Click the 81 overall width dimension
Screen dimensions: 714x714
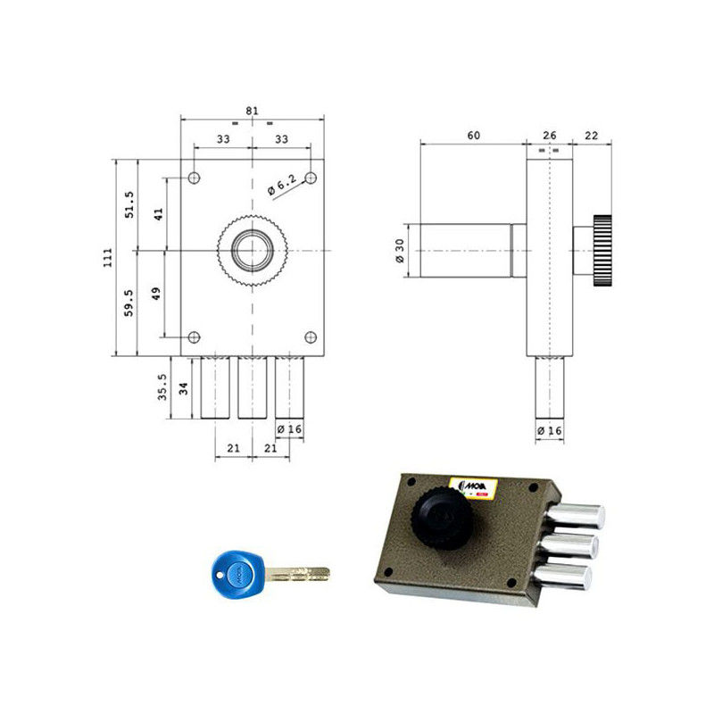(252, 111)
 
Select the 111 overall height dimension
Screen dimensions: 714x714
(107, 258)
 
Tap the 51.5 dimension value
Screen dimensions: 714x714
(129, 204)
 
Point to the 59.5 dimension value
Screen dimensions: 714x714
(129, 303)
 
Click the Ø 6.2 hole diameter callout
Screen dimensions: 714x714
(282, 186)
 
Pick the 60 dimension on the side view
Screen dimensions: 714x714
(473, 135)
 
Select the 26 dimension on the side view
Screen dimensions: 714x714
(549, 135)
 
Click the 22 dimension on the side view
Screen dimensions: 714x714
(591, 135)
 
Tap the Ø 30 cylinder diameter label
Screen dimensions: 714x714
(401, 251)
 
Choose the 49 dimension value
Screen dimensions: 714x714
(159, 295)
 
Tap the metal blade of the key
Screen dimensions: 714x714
(298, 574)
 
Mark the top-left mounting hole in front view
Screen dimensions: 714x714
(194, 178)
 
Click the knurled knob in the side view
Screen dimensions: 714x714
(600, 251)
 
